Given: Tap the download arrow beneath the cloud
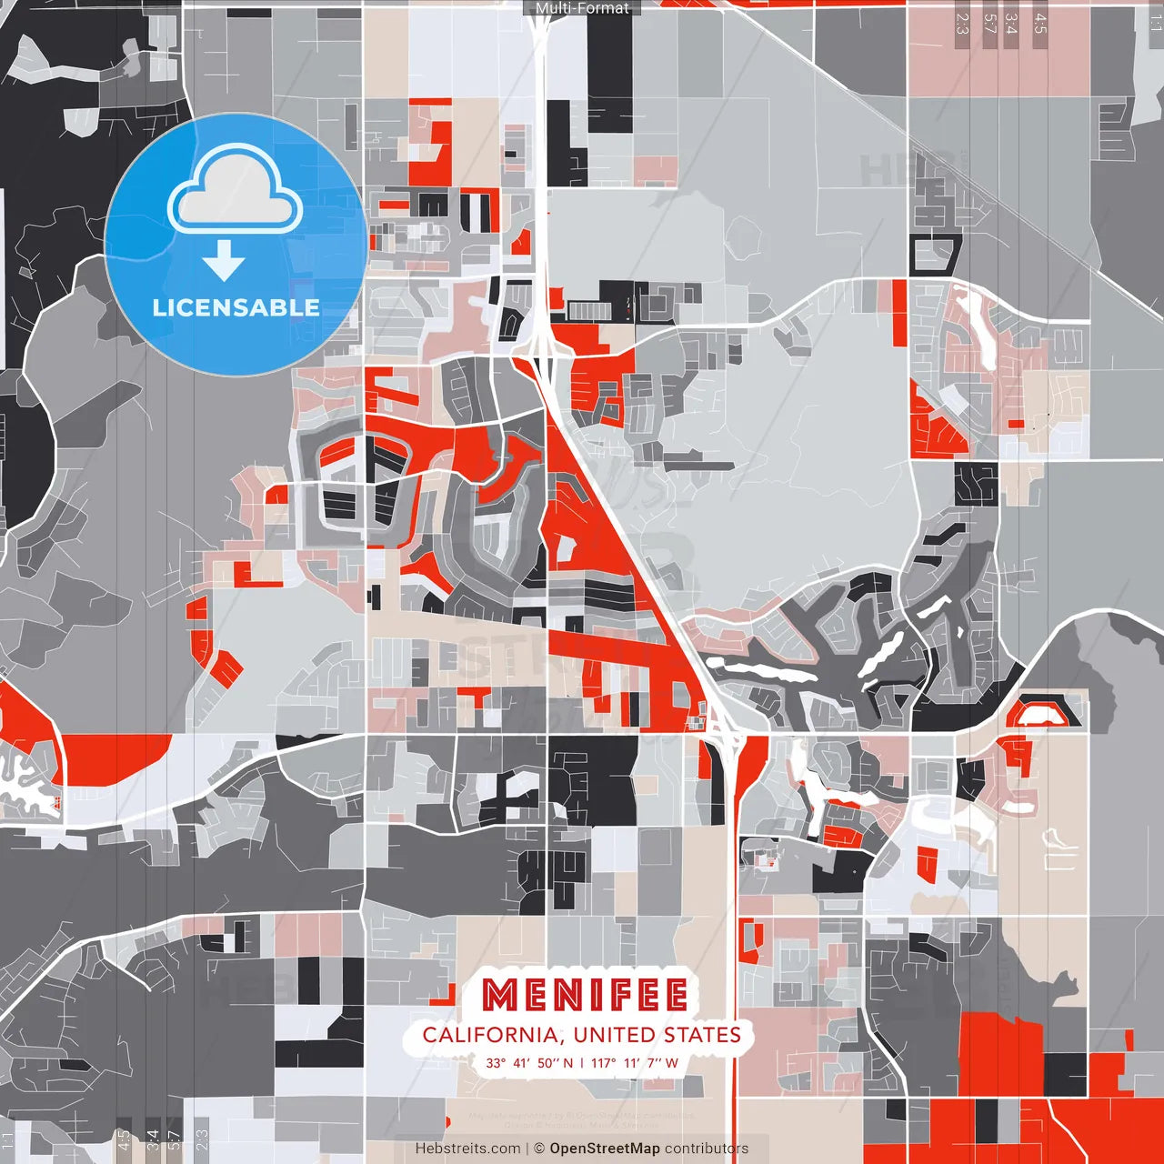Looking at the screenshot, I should [x=224, y=261].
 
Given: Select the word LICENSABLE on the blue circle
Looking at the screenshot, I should [x=236, y=307].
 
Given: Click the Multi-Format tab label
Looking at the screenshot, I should [x=582, y=8].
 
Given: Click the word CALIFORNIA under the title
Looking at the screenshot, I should [x=488, y=1035].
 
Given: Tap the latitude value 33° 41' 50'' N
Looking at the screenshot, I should [x=528, y=1063].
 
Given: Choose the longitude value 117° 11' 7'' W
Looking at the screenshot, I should [x=635, y=1063].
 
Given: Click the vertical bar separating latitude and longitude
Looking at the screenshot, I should [x=582, y=1063].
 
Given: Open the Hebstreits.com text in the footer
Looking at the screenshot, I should [x=467, y=1149].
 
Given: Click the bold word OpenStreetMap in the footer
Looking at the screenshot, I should [x=605, y=1149].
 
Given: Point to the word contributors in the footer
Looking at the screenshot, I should [x=707, y=1149].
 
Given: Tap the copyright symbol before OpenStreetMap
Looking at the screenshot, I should [x=539, y=1149].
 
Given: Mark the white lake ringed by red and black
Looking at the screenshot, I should [x=1040, y=715].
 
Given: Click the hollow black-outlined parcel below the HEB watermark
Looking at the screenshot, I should [x=935, y=254].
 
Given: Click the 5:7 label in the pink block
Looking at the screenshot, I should [x=989, y=23].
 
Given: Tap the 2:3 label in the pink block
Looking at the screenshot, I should [x=962, y=23].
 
